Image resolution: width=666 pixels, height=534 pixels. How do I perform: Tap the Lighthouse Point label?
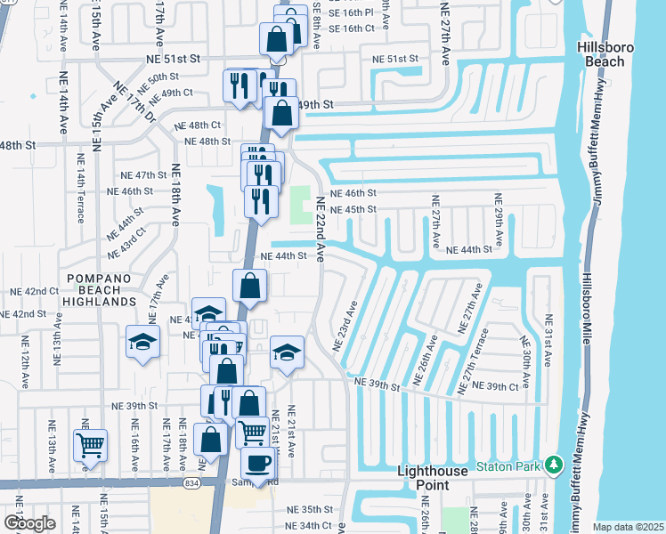coord(432,471)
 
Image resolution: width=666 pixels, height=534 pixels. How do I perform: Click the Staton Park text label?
coord(508,465)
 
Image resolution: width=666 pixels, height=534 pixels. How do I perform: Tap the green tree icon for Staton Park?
coord(553,465)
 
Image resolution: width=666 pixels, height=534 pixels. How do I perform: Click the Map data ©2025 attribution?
coord(629,526)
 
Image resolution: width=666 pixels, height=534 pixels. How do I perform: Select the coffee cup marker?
coord(258,464)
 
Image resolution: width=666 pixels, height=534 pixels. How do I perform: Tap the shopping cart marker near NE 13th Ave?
coord(90,445)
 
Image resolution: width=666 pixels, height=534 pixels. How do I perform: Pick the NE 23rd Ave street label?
coord(345,324)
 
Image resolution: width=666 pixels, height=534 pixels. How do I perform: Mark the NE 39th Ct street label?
coord(495,386)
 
